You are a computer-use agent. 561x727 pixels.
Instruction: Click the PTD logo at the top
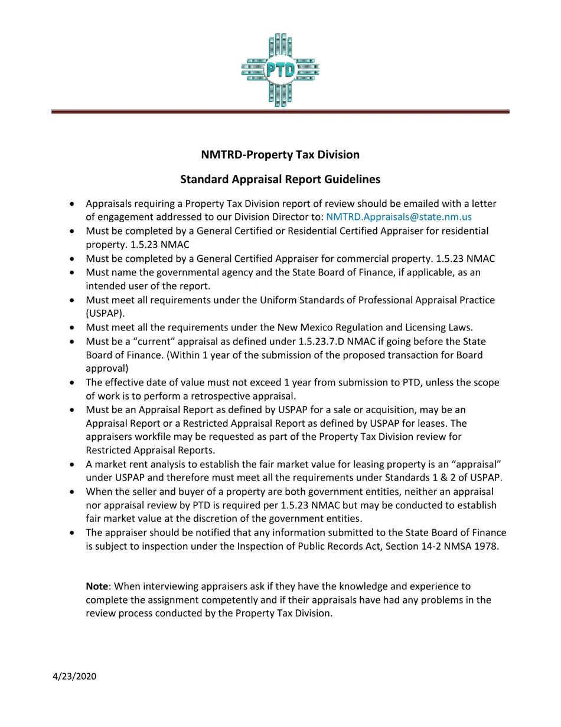pos(280,70)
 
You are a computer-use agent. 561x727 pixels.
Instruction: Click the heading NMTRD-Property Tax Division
pos(280,155)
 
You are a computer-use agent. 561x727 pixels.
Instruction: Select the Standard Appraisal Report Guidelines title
pos(280,179)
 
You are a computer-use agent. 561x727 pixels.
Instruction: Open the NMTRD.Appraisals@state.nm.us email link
pos(399,217)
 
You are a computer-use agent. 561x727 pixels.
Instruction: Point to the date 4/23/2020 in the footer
pos(74,676)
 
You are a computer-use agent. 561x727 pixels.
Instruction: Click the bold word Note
pos(97,586)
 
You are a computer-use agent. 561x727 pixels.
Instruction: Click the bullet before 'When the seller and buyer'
pos(72,492)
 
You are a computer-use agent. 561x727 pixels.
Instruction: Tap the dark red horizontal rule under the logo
pos(280,111)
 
